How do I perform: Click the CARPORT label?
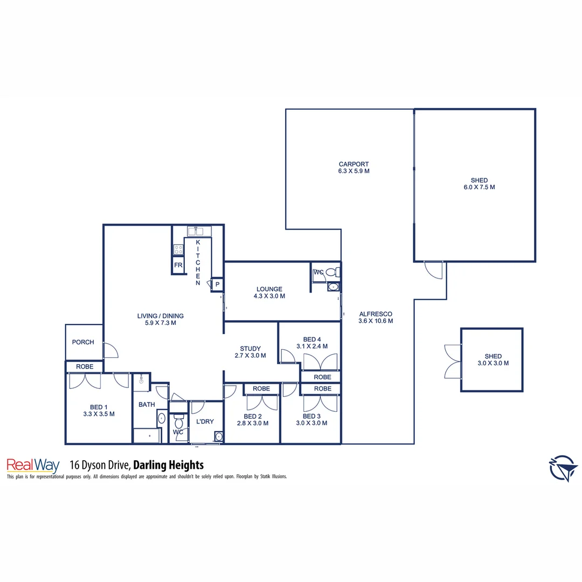click(354, 164)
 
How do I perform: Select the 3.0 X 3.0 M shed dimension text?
click(493, 363)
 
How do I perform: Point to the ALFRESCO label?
click(375, 314)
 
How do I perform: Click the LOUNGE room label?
click(269, 289)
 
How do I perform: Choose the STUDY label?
click(251, 349)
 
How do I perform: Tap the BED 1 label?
click(99, 407)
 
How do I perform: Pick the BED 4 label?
click(312, 339)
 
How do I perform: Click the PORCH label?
click(83, 342)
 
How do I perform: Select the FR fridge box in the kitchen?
click(178, 266)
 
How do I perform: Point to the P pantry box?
click(218, 285)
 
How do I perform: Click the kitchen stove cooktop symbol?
click(178, 250)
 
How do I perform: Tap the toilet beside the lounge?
click(335, 272)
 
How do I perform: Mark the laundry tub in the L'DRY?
click(218, 436)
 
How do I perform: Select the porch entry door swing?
click(110, 351)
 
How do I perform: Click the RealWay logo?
click(32, 465)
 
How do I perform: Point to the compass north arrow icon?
click(564, 468)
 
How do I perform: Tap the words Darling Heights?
click(168, 465)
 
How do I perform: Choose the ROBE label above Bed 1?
click(85, 366)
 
